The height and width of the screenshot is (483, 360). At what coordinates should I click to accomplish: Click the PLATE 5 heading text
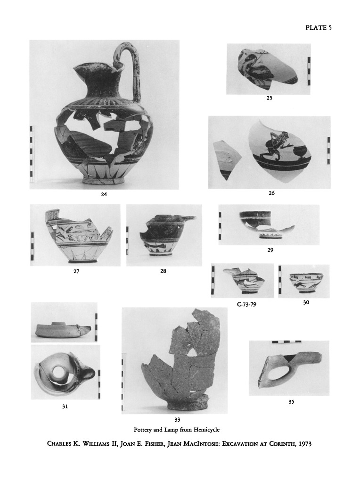click(319, 28)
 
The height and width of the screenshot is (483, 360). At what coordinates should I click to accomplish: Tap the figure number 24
click(104, 194)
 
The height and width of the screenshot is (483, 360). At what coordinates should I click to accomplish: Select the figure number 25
click(269, 98)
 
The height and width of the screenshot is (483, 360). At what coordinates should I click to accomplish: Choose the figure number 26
click(271, 193)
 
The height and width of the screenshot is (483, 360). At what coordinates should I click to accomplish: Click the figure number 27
click(76, 271)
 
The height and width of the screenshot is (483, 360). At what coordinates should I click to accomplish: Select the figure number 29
click(270, 250)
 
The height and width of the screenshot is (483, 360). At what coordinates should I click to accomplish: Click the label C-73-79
click(247, 305)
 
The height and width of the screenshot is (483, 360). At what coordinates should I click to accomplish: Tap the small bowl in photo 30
click(304, 283)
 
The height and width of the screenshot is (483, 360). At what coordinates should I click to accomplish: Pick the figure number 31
click(65, 407)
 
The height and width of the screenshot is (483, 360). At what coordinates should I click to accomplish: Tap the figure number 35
click(291, 402)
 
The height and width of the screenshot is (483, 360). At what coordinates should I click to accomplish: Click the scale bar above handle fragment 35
click(286, 342)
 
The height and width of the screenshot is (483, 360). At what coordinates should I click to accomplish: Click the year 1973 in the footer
click(305, 444)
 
